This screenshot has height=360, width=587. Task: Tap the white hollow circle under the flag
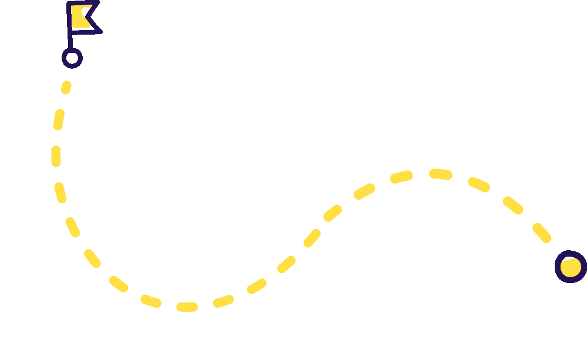click(x=72, y=58)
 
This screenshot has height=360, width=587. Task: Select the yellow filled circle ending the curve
click(x=571, y=267)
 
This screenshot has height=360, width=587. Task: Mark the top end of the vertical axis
click(x=56, y=2)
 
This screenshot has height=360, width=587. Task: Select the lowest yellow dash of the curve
click(x=187, y=307)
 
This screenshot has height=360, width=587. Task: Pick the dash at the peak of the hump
click(x=440, y=174)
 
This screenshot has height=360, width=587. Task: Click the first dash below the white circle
click(x=66, y=88)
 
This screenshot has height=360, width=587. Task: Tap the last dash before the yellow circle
click(x=542, y=233)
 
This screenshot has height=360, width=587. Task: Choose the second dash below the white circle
click(x=58, y=119)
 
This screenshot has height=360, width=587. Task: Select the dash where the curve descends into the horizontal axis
click(x=118, y=284)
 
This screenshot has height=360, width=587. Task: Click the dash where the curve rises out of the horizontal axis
click(x=257, y=287)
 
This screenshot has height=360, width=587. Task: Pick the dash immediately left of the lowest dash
click(x=151, y=301)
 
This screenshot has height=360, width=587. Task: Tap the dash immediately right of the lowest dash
click(x=223, y=301)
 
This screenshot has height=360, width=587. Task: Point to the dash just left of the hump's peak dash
click(x=402, y=177)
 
